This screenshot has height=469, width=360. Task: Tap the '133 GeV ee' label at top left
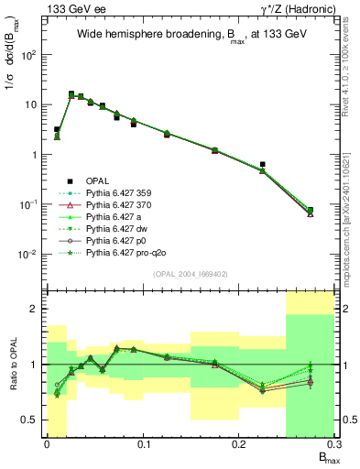(x=68, y=8)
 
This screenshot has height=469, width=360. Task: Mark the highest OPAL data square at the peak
(x=71, y=93)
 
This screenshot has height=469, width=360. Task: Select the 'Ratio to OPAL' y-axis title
(x=12, y=364)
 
